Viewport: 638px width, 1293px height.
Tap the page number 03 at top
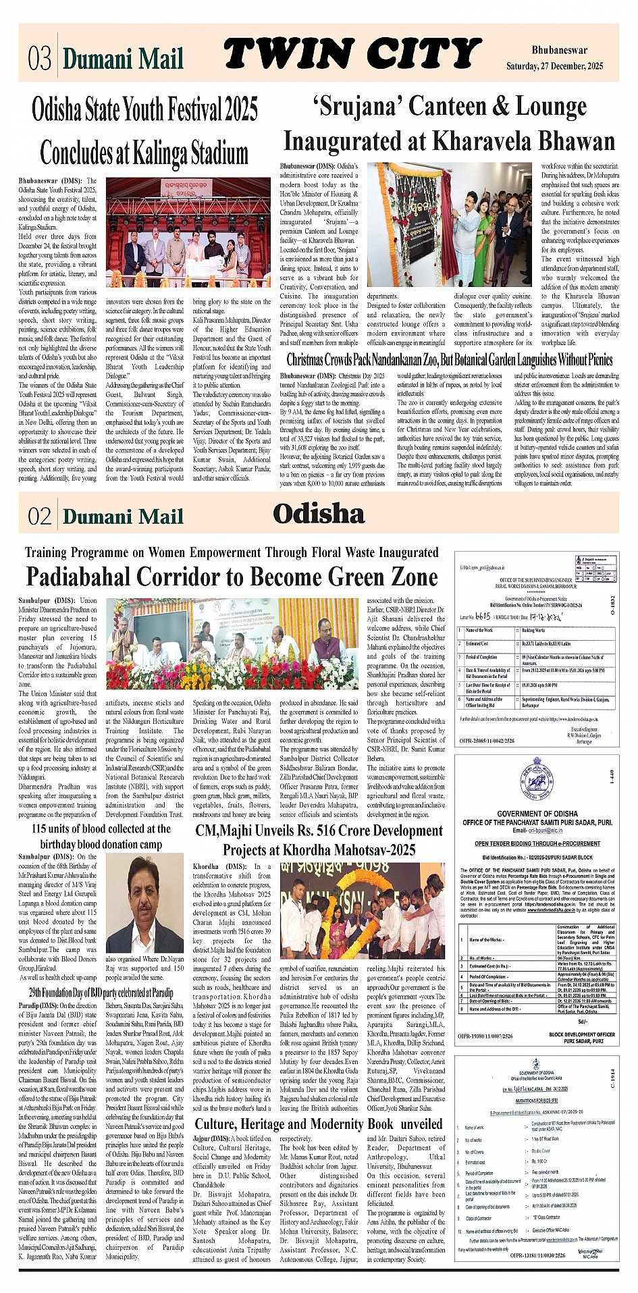coord(40,59)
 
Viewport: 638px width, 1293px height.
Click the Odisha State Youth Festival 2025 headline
coord(144,108)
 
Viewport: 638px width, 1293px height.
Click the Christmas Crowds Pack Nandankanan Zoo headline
coord(449,359)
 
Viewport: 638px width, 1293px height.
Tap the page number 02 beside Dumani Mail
coord(40,517)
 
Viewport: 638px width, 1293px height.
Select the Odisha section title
coord(319,514)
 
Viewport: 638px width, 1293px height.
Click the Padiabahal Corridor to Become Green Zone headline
coord(232,577)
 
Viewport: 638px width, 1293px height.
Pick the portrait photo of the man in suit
coord(144,903)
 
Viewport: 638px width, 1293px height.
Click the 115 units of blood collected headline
coord(101,836)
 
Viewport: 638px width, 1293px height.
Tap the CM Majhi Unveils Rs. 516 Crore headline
coord(319,840)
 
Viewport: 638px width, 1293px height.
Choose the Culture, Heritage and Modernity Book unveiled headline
coord(319,1124)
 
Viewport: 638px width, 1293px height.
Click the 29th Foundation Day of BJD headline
coord(101,993)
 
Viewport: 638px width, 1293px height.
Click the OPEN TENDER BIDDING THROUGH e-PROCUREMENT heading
coord(537,843)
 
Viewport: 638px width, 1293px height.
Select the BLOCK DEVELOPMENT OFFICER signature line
coord(581,1034)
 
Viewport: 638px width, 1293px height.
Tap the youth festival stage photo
coord(188,233)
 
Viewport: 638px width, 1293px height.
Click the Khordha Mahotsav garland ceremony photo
coord(363,909)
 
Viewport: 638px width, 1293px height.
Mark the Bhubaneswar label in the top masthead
coord(559,50)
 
